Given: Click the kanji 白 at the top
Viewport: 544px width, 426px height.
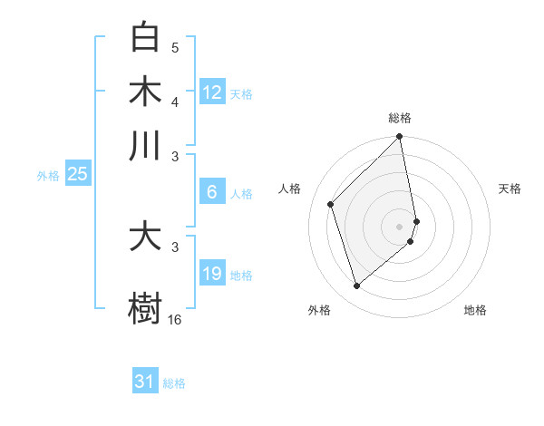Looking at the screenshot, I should (145, 38).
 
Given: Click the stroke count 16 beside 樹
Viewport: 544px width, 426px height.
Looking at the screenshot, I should (175, 319).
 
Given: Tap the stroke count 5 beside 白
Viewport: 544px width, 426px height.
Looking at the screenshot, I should (175, 48).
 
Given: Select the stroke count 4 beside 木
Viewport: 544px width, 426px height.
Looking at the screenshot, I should (175, 101).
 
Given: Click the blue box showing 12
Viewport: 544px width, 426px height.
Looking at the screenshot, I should (212, 92).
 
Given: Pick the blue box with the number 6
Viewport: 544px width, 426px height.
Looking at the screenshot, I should (212, 191).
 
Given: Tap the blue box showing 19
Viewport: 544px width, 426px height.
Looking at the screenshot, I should (212, 274).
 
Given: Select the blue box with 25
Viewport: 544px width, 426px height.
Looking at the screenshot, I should (77, 175).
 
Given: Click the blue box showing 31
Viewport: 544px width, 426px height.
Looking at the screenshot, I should (144, 382).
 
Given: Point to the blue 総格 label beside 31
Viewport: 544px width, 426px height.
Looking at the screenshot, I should (174, 383).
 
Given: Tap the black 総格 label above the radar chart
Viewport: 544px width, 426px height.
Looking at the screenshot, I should (400, 118).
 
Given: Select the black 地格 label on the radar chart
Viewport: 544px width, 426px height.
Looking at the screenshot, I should (475, 310).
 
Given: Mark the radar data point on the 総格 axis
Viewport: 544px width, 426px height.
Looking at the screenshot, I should (400, 138).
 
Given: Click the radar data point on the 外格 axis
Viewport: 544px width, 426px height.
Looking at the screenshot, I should (356, 286).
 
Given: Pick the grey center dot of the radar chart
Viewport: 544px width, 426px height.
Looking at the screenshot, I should (400, 226).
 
